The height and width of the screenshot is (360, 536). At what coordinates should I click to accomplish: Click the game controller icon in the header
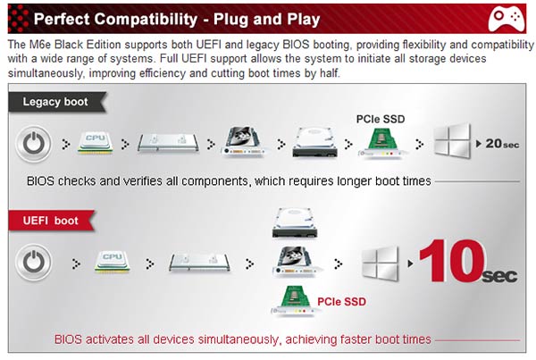507,20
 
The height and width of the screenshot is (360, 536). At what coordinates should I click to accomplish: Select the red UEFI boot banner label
51,221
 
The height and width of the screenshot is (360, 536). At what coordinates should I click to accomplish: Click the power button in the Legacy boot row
33,144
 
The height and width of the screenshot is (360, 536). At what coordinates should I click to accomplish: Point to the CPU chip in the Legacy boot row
96,142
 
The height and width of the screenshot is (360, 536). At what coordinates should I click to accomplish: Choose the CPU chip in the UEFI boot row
113,262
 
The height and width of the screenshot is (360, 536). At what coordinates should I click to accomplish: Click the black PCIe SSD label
381,119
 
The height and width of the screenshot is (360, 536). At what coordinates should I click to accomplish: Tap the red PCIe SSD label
341,302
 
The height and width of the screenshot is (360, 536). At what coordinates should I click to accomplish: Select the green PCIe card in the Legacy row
381,144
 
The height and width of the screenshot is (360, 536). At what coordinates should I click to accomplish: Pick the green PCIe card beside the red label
294,301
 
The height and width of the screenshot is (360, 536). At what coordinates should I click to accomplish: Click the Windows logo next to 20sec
452,140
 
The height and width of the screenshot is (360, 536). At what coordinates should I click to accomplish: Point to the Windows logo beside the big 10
381,263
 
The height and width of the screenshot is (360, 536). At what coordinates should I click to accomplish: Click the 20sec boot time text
502,144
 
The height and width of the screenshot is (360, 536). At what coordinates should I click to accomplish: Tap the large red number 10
451,261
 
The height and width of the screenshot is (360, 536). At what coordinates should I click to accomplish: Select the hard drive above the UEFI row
295,222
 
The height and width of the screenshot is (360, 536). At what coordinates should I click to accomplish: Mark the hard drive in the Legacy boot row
314,142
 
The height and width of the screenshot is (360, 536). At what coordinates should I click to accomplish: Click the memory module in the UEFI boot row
199,263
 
